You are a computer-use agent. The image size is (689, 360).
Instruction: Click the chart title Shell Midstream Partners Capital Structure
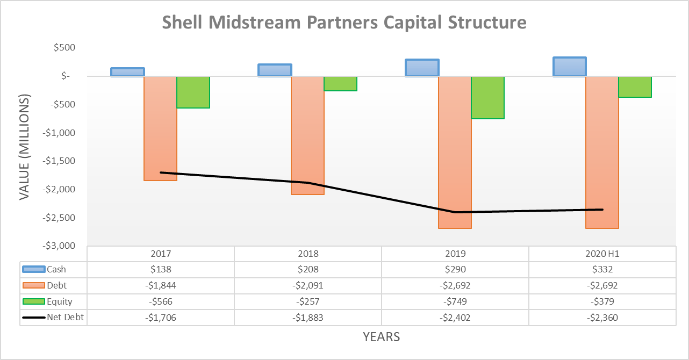pos(344,23)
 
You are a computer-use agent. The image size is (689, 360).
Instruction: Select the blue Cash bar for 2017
pos(127,72)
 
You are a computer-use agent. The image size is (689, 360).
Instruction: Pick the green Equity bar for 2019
pos(487,97)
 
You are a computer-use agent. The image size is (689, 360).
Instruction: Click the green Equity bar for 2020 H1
pos(635,87)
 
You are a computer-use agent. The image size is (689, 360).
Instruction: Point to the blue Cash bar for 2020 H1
pos(569,67)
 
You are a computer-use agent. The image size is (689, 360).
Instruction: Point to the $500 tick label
pos(64,48)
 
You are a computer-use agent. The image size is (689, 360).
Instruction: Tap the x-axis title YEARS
pos(381,337)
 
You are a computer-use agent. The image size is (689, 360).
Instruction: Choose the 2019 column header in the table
pos(455,254)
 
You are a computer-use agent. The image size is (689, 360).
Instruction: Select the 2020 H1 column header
pos(602,254)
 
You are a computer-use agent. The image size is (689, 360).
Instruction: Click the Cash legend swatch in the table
pos(33,269)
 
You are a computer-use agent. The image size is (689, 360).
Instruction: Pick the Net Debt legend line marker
pos(33,318)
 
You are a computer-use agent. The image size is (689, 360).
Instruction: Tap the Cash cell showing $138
pos(161,269)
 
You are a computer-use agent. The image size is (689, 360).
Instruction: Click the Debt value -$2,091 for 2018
pos(308,285)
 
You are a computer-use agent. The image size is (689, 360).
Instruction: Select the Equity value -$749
pos(455,301)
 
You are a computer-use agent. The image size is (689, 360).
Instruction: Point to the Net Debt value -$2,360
pos(602,318)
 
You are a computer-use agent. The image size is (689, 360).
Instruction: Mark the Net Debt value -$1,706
pos(161,318)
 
